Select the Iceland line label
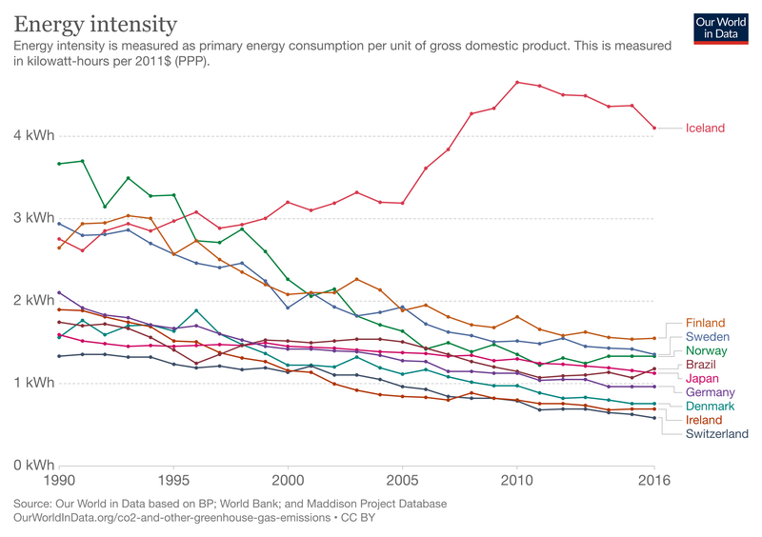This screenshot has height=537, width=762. coord(705,129)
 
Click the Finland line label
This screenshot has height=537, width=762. coord(705,323)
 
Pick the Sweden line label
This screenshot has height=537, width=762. coord(707,337)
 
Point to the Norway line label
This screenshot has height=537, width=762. coord(707,351)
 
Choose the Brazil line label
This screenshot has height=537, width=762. coord(702,365)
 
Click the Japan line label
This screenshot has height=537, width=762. coord(703,379)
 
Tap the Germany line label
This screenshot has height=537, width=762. coord(710,392)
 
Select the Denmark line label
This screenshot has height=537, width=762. coord(710,407)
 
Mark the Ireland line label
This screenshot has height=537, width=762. coord(704,420)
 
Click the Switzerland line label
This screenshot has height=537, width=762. coord(717,434)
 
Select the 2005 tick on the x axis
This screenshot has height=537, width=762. coord(402,482)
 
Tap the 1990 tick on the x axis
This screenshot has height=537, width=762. coord(59,482)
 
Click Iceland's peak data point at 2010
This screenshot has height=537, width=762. coord(517,83)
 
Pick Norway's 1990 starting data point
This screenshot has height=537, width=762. coord(59,164)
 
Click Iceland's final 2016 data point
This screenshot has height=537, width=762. coord(654,128)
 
